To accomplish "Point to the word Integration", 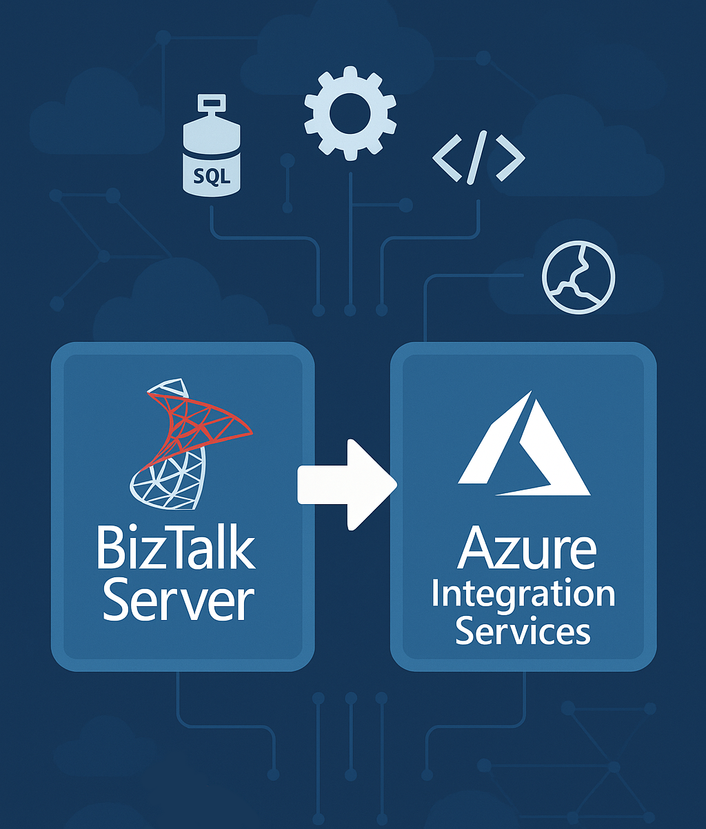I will coord(523,595).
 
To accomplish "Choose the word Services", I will coord(523,631).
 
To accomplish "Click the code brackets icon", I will coord(478,159).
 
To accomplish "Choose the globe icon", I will coord(578,277).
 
